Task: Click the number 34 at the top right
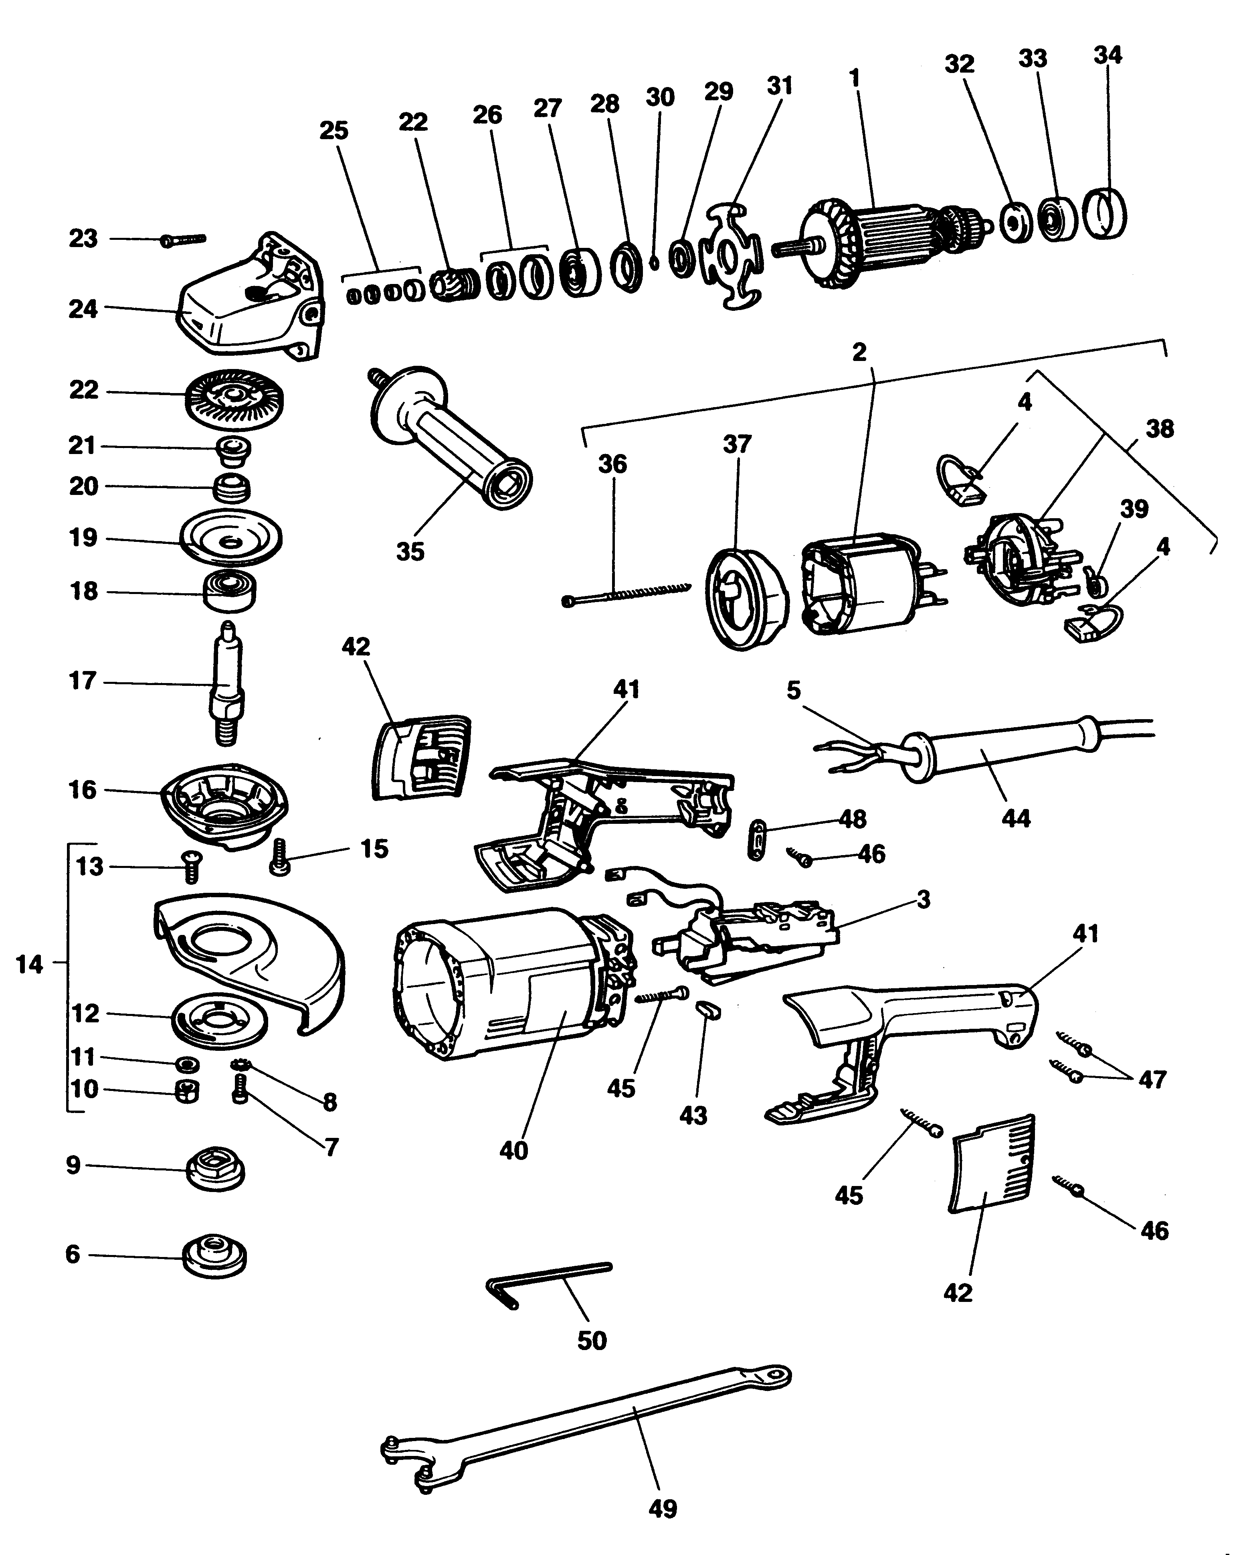click(x=1107, y=56)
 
